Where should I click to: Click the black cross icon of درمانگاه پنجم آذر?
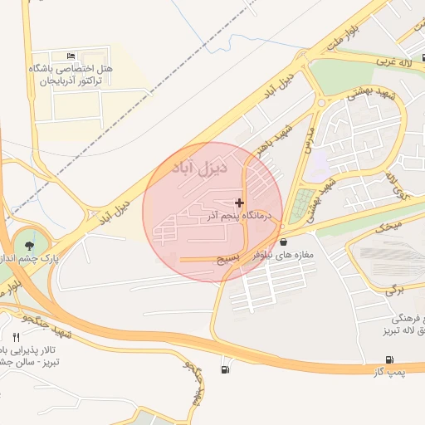(x=240, y=203)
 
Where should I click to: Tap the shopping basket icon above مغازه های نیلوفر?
(x=284, y=242)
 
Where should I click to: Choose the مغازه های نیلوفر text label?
(x=285, y=255)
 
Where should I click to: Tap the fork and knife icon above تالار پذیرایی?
(x=16, y=336)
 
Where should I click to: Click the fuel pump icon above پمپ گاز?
(x=389, y=359)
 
